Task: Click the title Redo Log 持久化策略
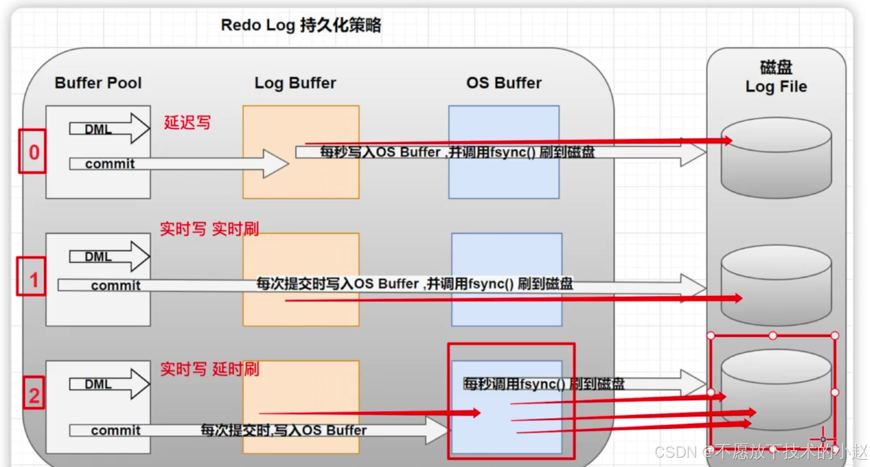(x=301, y=25)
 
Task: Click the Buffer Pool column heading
(x=98, y=83)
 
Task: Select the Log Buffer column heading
(x=295, y=83)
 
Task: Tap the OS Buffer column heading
(x=504, y=83)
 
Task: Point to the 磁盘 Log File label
(x=776, y=77)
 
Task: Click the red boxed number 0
(x=33, y=152)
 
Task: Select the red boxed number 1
(x=32, y=279)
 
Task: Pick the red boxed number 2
(x=34, y=395)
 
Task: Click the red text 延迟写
(x=187, y=122)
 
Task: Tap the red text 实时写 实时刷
(x=209, y=228)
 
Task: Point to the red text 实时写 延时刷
(x=209, y=368)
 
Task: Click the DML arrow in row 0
(x=109, y=129)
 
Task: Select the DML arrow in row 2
(x=109, y=384)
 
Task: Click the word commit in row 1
(x=116, y=285)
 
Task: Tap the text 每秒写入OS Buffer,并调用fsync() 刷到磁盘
(x=457, y=152)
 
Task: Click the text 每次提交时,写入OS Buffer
(x=283, y=430)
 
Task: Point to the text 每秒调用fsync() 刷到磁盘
(x=543, y=384)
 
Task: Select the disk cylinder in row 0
(x=776, y=159)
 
